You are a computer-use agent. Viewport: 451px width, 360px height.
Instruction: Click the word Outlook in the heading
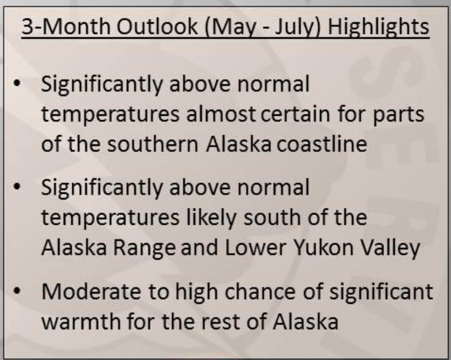[x=157, y=27]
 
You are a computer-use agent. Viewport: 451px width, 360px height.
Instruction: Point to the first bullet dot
[x=17, y=84]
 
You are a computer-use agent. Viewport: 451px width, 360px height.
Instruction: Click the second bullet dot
[x=17, y=187]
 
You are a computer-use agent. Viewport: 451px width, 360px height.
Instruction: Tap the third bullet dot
[x=17, y=291]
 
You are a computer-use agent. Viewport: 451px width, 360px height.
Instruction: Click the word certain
[x=295, y=114]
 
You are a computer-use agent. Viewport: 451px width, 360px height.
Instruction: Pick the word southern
[x=153, y=144]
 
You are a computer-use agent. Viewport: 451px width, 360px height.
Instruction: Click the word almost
[x=221, y=114]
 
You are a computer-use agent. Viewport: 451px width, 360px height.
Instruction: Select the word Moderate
[x=91, y=292]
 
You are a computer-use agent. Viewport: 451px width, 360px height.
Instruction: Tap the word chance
[x=260, y=292]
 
